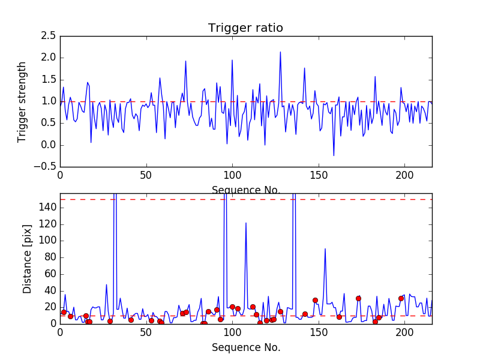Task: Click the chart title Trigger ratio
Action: (245, 28)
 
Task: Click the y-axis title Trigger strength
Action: (22, 101)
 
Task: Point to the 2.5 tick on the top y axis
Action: (49, 36)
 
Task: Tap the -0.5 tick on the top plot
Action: (46, 167)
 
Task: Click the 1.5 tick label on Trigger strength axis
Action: (49, 80)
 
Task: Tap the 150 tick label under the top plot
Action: (319, 176)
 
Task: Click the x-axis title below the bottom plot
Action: (246, 347)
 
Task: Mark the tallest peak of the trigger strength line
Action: (280, 52)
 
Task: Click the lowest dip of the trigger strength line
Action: (334, 156)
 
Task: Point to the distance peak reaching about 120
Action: (246, 223)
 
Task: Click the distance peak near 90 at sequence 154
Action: (325, 248)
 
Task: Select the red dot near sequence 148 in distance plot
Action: (315, 300)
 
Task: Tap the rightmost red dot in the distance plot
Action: (401, 298)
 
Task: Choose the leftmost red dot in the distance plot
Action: (64, 312)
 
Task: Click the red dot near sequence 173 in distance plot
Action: (358, 298)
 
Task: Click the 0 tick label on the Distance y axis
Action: (53, 323)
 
